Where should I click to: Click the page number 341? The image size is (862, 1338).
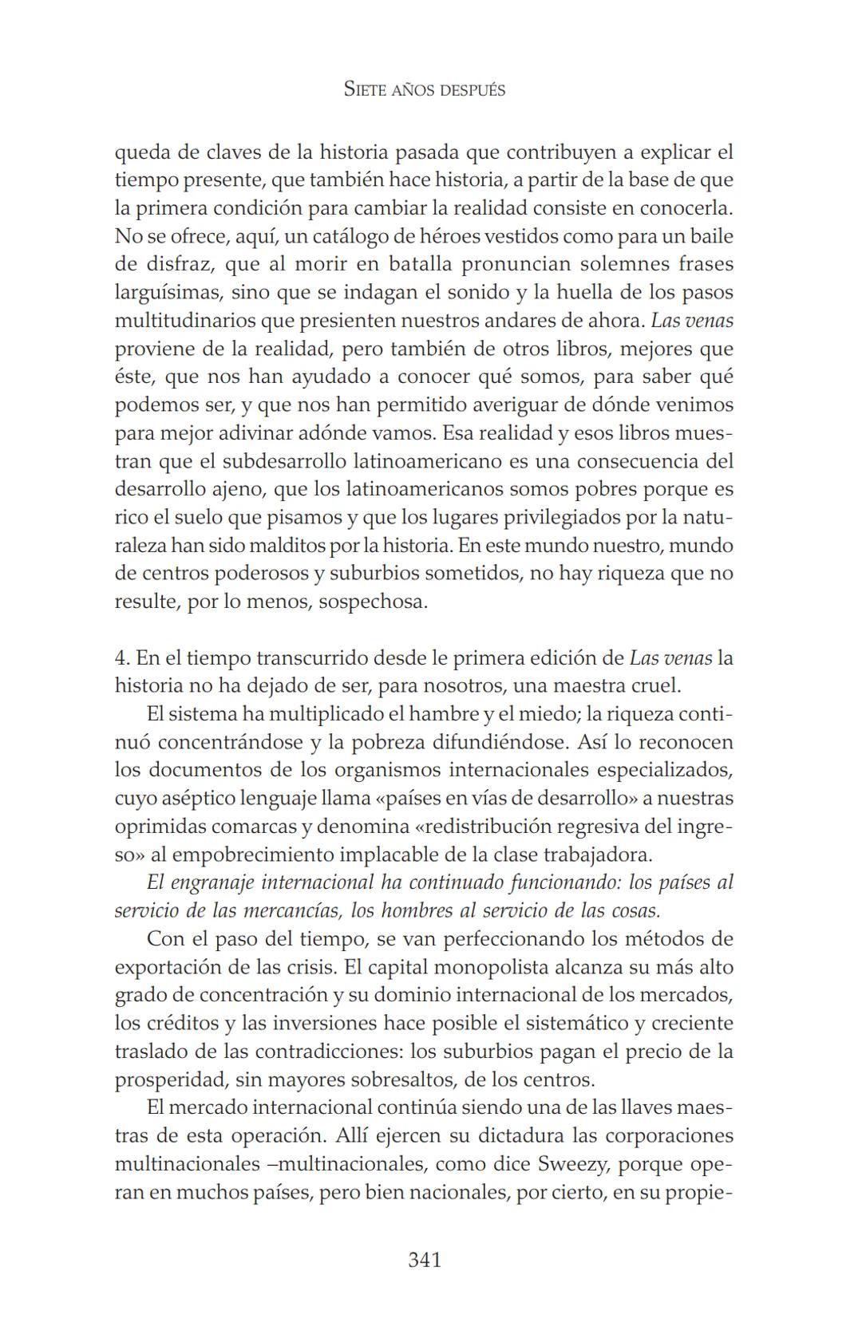pos(425,1260)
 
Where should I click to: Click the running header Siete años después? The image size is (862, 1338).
pos(425,89)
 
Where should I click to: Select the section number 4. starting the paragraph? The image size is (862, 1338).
pos(122,658)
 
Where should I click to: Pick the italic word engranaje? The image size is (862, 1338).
pos(213,882)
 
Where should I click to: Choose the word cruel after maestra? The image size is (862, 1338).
pos(654,686)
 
